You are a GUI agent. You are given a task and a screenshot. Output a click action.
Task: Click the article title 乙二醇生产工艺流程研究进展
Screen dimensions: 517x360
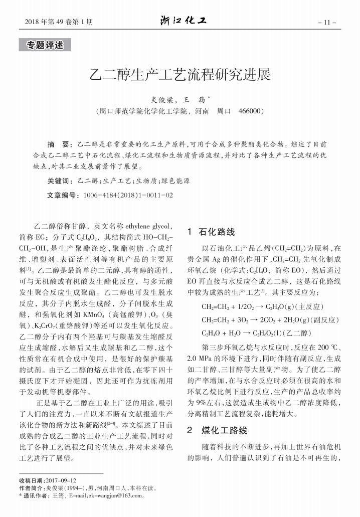click(180, 75)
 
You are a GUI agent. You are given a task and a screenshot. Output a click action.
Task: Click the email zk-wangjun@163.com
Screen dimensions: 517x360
click(114, 496)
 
